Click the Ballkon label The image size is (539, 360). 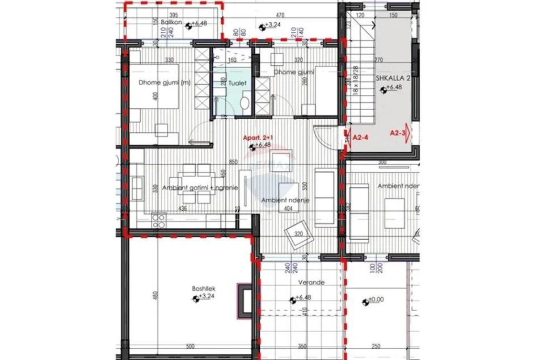click(171, 23)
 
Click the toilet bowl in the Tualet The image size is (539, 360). click(244, 103)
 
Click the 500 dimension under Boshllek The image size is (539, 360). click(190, 346)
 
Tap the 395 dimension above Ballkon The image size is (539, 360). click(174, 15)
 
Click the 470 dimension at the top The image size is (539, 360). click(280, 15)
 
